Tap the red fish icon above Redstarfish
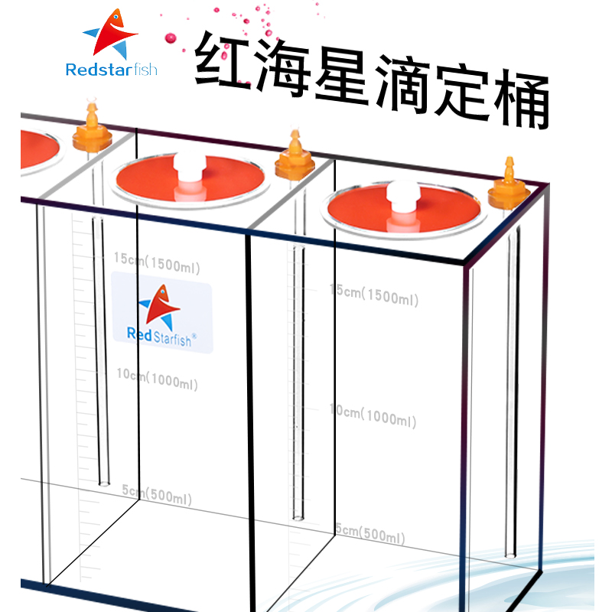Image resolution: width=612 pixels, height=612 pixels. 112,34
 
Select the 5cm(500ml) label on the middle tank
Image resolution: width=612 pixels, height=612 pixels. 157,494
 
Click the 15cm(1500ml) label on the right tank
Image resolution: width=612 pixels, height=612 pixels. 373,295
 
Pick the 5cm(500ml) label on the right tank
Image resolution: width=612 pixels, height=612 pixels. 370,533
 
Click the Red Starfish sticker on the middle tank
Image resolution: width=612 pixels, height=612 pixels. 161,317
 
